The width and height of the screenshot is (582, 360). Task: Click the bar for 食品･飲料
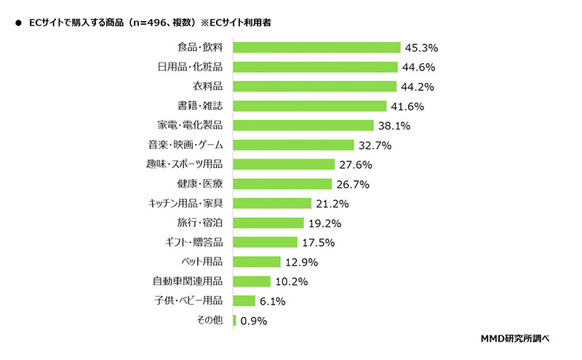click(x=316, y=48)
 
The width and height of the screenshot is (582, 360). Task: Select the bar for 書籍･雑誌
click(x=310, y=106)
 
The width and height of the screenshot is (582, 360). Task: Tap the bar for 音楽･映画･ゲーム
click(x=293, y=145)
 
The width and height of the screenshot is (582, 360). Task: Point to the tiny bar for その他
click(x=234, y=320)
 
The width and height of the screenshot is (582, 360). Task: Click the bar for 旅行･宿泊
click(x=268, y=223)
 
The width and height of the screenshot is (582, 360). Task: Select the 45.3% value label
click(x=422, y=48)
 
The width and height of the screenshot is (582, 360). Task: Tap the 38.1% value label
click(x=394, y=126)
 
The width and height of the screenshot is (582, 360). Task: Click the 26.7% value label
click(x=353, y=184)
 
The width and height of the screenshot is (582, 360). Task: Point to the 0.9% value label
click(x=254, y=320)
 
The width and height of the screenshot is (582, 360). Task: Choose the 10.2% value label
click(x=291, y=281)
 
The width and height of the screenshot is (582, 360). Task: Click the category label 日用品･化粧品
click(x=190, y=68)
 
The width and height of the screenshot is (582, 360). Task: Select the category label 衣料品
click(x=207, y=87)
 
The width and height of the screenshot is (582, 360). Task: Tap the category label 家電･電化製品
click(x=190, y=126)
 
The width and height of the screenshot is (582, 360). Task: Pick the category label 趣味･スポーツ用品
click(x=184, y=164)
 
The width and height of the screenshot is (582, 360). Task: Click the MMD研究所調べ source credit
click(x=514, y=339)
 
